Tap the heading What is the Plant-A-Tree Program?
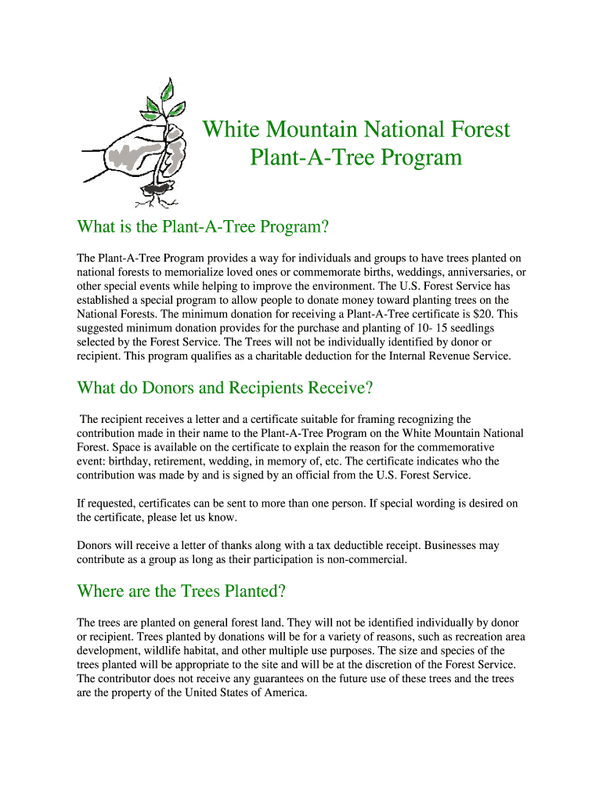201,227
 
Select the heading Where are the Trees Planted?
180,591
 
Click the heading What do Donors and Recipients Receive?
225,388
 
